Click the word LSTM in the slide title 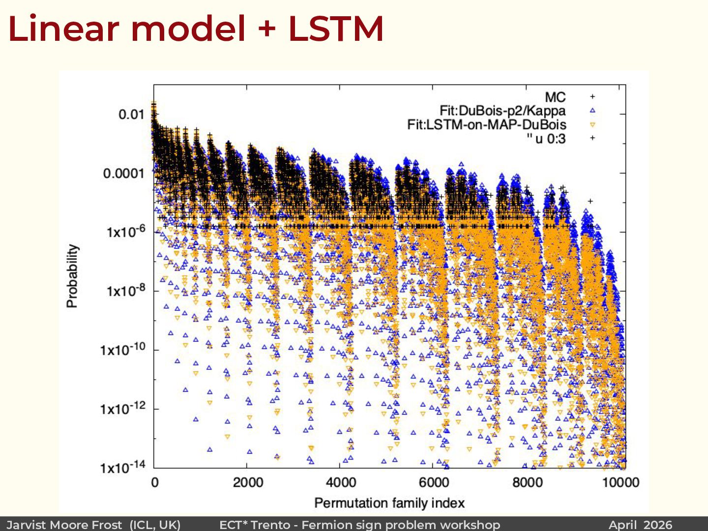tap(336, 29)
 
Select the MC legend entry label tap(555, 97)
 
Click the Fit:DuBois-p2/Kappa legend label tap(502, 111)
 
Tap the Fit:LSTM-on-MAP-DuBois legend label tap(486, 124)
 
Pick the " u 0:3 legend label tap(546, 139)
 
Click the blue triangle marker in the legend tap(592, 111)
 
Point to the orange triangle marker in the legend tap(592, 125)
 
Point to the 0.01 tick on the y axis tap(131, 115)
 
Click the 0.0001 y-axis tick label tap(124, 174)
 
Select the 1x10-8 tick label tap(126, 290)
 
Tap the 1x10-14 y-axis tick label tap(123, 467)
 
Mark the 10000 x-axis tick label tap(620, 482)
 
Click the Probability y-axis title tap(72, 276)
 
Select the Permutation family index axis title tap(389, 503)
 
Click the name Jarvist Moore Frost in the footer tap(64, 525)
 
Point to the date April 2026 tap(640, 525)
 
